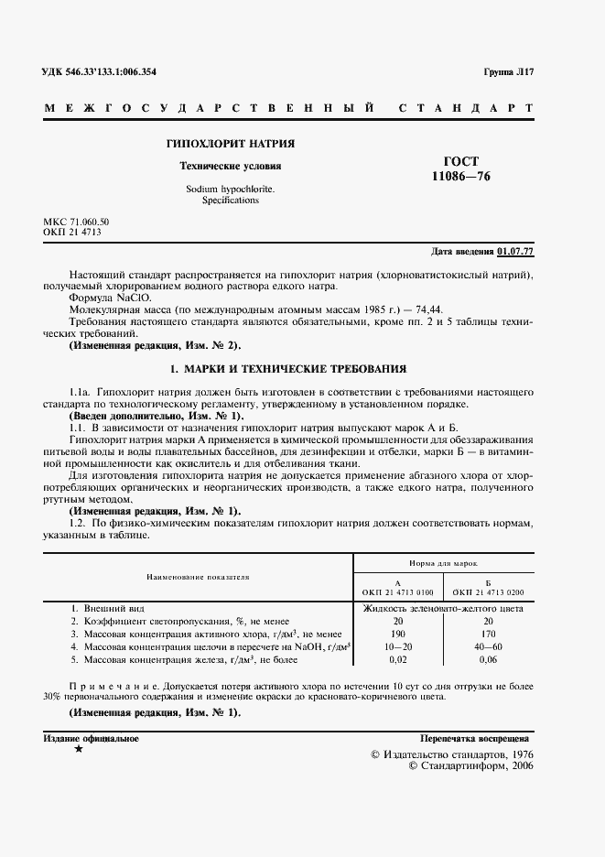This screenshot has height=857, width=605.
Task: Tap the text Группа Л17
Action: pyautogui.click(x=508, y=71)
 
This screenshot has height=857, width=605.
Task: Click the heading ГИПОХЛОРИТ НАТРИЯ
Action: pyautogui.click(x=230, y=144)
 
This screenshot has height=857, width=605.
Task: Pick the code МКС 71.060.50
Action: pyautogui.click(x=76, y=222)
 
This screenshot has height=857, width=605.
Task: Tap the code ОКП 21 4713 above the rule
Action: pyautogui.click(x=72, y=233)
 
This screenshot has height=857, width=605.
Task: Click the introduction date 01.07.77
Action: pyautogui.click(x=516, y=251)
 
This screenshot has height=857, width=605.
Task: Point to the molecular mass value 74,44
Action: pyautogui.click(x=454, y=311)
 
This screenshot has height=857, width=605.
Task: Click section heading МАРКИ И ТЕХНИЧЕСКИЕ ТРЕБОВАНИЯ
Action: pyautogui.click(x=289, y=369)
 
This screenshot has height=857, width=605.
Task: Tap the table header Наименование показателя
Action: pyautogui.click(x=198, y=578)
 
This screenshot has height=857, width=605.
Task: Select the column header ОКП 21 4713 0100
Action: pyautogui.click(x=397, y=591)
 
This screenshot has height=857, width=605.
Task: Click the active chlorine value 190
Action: pyautogui.click(x=397, y=634)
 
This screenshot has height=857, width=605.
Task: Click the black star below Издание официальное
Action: pyautogui.click(x=78, y=749)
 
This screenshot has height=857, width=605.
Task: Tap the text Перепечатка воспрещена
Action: pyautogui.click(x=474, y=738)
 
